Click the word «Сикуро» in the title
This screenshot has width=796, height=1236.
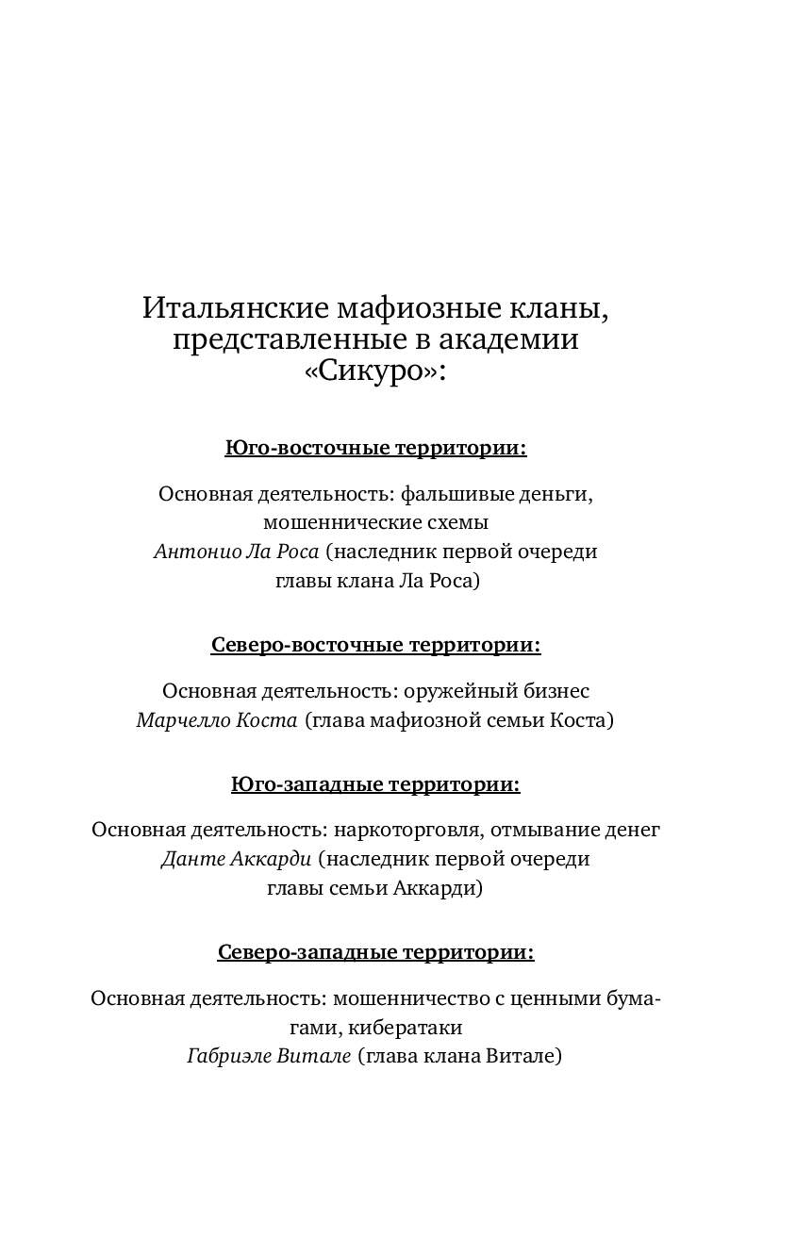coord(374,371)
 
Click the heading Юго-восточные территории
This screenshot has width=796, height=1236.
coord(375,448)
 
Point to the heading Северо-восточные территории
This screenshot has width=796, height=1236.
coord(375,645)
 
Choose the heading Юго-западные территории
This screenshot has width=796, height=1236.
coord(375,784)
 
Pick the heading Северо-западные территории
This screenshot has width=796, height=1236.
coord(375,952)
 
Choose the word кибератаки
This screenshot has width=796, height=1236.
coord(414,1028)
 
